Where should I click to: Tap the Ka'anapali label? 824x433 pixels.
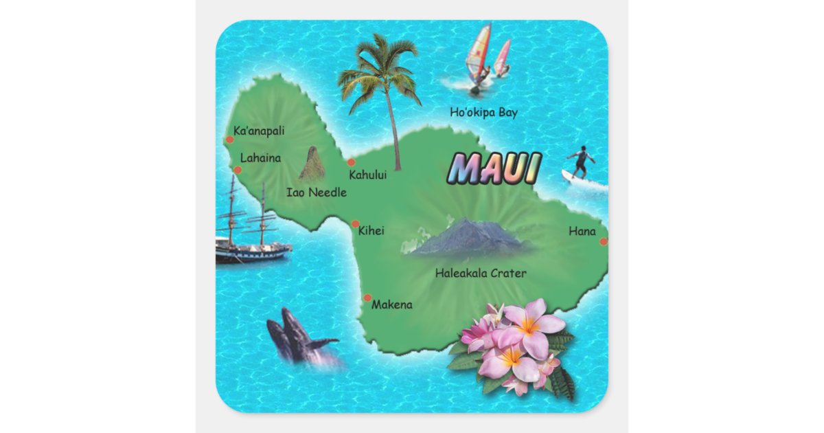pyautogui.click(x=259, y=131)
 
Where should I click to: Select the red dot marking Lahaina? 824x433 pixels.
pyautogui.click(x=238, y=170)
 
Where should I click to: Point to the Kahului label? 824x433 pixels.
pyautogui.click(x=367, y=175)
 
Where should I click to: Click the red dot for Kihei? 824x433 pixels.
pyautogui.click(x=355, y=223)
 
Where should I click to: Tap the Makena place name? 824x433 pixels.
pyautogui.click(x=392, y=304)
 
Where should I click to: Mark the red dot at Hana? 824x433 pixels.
pyautogui.click(x=604, y=241)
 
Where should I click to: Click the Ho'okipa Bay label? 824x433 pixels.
pyautogui.click(x=483, y=113)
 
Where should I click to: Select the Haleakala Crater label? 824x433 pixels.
pyautogui.click(x=481, y=274)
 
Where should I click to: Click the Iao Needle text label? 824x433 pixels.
pyautogui.click(x=316, y=192)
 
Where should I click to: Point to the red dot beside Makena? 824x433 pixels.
pyautogui.click(x=367, y=298)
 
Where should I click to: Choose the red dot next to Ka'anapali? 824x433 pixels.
pyautogui.click(x=230, y=140)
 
